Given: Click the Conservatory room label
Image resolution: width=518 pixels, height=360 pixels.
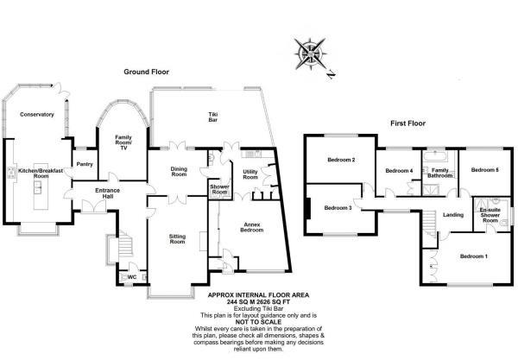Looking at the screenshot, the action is click(x=37, y=114).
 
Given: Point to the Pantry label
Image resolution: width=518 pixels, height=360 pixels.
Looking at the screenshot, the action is click(x=85, y=163).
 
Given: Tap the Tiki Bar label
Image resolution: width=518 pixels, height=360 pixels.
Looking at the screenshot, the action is click(x=212, y=119).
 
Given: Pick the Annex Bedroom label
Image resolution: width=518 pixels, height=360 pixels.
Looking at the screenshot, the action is click(x=251, y=228).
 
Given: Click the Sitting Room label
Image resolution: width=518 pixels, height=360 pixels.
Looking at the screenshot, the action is click(x=177, y=238).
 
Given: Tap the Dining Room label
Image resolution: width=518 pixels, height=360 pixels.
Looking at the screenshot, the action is click(x=179, y=171).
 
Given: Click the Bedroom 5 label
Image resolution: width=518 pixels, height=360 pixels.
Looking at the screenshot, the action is click(x=479, y=169).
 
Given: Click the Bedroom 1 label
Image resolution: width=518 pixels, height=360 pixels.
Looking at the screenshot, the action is click(x=473, y=256).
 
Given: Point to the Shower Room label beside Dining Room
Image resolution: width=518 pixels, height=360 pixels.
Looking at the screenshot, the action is click(x=219, y=189).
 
